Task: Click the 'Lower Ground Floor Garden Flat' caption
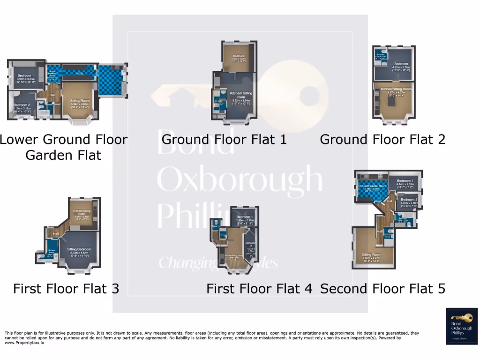click(x=63, y=147)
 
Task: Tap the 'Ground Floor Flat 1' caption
click(x=224, y=139)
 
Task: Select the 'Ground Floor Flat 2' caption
click(x=382, y=139)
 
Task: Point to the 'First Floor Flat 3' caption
click(x=66, y=288)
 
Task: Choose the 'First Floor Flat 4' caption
click(x=259, y=288)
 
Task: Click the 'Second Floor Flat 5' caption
click(x=382, y=288)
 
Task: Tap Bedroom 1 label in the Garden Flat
click(x=26, y=75)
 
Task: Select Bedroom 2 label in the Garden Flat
click(x=22, y=105)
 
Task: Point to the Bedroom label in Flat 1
click(x=239, y=57)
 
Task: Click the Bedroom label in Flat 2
click(x=401, y=64)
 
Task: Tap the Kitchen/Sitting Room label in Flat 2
click(x=396, y=89)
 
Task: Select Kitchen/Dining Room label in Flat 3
click(x=82, y=212)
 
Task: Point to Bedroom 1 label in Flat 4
click(x=245, y=217)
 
